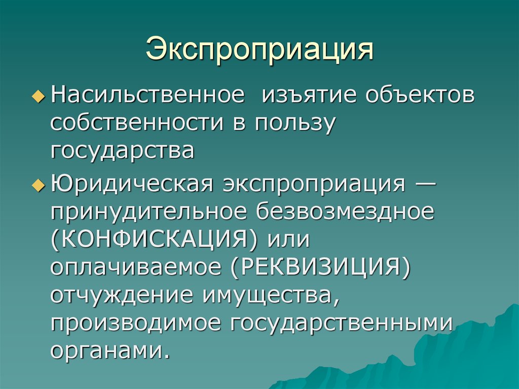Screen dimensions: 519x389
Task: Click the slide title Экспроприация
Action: pos(260,50)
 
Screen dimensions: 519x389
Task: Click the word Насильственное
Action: pos(147,95)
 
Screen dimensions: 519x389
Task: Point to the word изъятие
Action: pos(310,95)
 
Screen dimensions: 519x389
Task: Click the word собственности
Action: pos(137,123)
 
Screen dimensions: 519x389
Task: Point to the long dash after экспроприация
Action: pos(425,183)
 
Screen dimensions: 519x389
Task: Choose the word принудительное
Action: pos(149,213)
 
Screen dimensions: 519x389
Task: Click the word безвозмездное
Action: pos(345,211)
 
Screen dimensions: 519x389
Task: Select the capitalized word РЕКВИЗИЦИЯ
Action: pos(320,267)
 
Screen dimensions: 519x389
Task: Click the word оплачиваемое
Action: pos(136,268)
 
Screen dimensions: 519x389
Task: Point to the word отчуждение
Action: pos(122,296)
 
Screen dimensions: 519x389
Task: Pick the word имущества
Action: pos(271,296)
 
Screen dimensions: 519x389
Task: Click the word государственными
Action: pos(341,323)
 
